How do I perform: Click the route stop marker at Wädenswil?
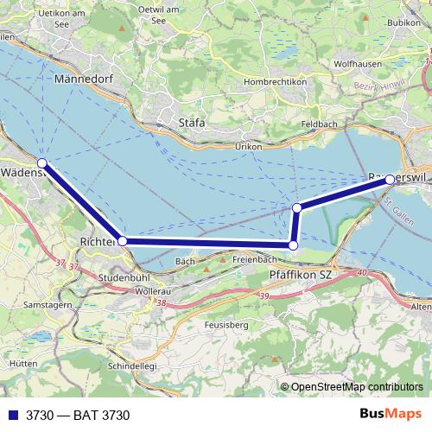click(41, 162)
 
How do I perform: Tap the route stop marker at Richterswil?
click(123, 241)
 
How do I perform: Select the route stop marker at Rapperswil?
click(391, 179)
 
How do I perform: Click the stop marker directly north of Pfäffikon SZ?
click(293, 245)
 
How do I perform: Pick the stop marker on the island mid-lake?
click(297, 207)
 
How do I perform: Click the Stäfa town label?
click(191, 123)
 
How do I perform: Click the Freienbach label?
click(254, 258)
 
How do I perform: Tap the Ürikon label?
click(248, 147)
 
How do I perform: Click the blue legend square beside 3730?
click(12, 416)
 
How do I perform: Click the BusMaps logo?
click(391, 415)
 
